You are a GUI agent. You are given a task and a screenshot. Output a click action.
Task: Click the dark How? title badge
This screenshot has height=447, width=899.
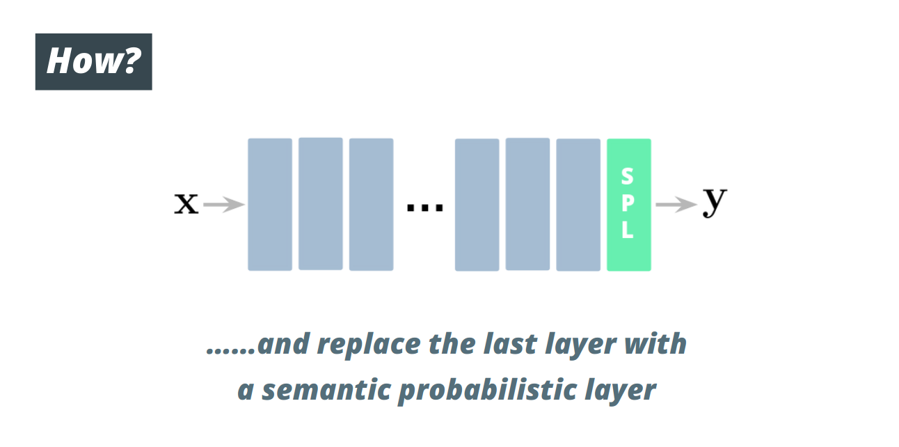[93, 62]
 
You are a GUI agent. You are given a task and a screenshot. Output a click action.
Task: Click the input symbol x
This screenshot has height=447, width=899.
[186, 203]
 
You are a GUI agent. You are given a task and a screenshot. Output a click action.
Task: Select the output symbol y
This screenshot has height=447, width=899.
[715, 202]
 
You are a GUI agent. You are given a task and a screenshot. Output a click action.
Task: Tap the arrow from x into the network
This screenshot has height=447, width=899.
[224, 205]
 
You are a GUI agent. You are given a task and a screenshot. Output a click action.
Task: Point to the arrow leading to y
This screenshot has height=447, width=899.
[676, 205]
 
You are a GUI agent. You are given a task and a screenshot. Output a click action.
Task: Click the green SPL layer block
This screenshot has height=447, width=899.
[629, 205]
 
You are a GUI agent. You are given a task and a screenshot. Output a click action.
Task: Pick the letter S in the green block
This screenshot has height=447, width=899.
[628, 176]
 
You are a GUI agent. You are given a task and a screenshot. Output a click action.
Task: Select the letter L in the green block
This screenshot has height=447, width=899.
[628, 230]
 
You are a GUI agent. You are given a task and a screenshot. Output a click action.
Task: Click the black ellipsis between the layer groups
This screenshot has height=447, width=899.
[425, 207]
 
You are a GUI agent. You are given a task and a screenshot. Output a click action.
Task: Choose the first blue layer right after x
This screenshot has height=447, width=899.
[270, 205]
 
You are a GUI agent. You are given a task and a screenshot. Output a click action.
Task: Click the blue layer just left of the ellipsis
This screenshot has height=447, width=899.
[372, 205]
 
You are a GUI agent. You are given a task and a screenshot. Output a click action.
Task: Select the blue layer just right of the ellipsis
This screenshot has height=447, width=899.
[477, 205]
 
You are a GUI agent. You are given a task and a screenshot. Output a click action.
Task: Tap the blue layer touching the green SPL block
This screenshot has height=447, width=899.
[578, 205]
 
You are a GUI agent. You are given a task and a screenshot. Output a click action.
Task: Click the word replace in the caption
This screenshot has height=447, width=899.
[369, 345]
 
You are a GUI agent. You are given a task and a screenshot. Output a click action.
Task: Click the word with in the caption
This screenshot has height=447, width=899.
[655, 344]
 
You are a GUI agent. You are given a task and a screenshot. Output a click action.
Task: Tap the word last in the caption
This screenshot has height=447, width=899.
[510, 344]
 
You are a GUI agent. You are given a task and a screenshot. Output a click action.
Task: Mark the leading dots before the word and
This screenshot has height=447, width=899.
[231, 352]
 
